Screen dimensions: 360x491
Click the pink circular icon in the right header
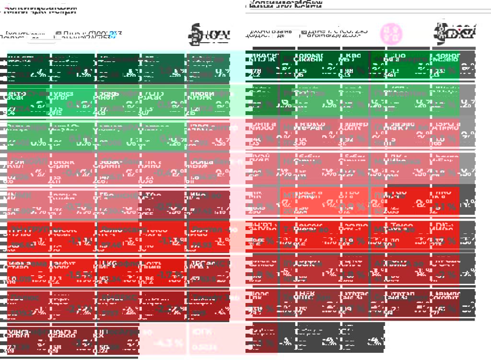(391, 34)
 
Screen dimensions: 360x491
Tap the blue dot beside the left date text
(112, 35)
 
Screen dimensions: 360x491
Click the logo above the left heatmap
(209, 34)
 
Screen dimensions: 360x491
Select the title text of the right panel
(285, 4)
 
